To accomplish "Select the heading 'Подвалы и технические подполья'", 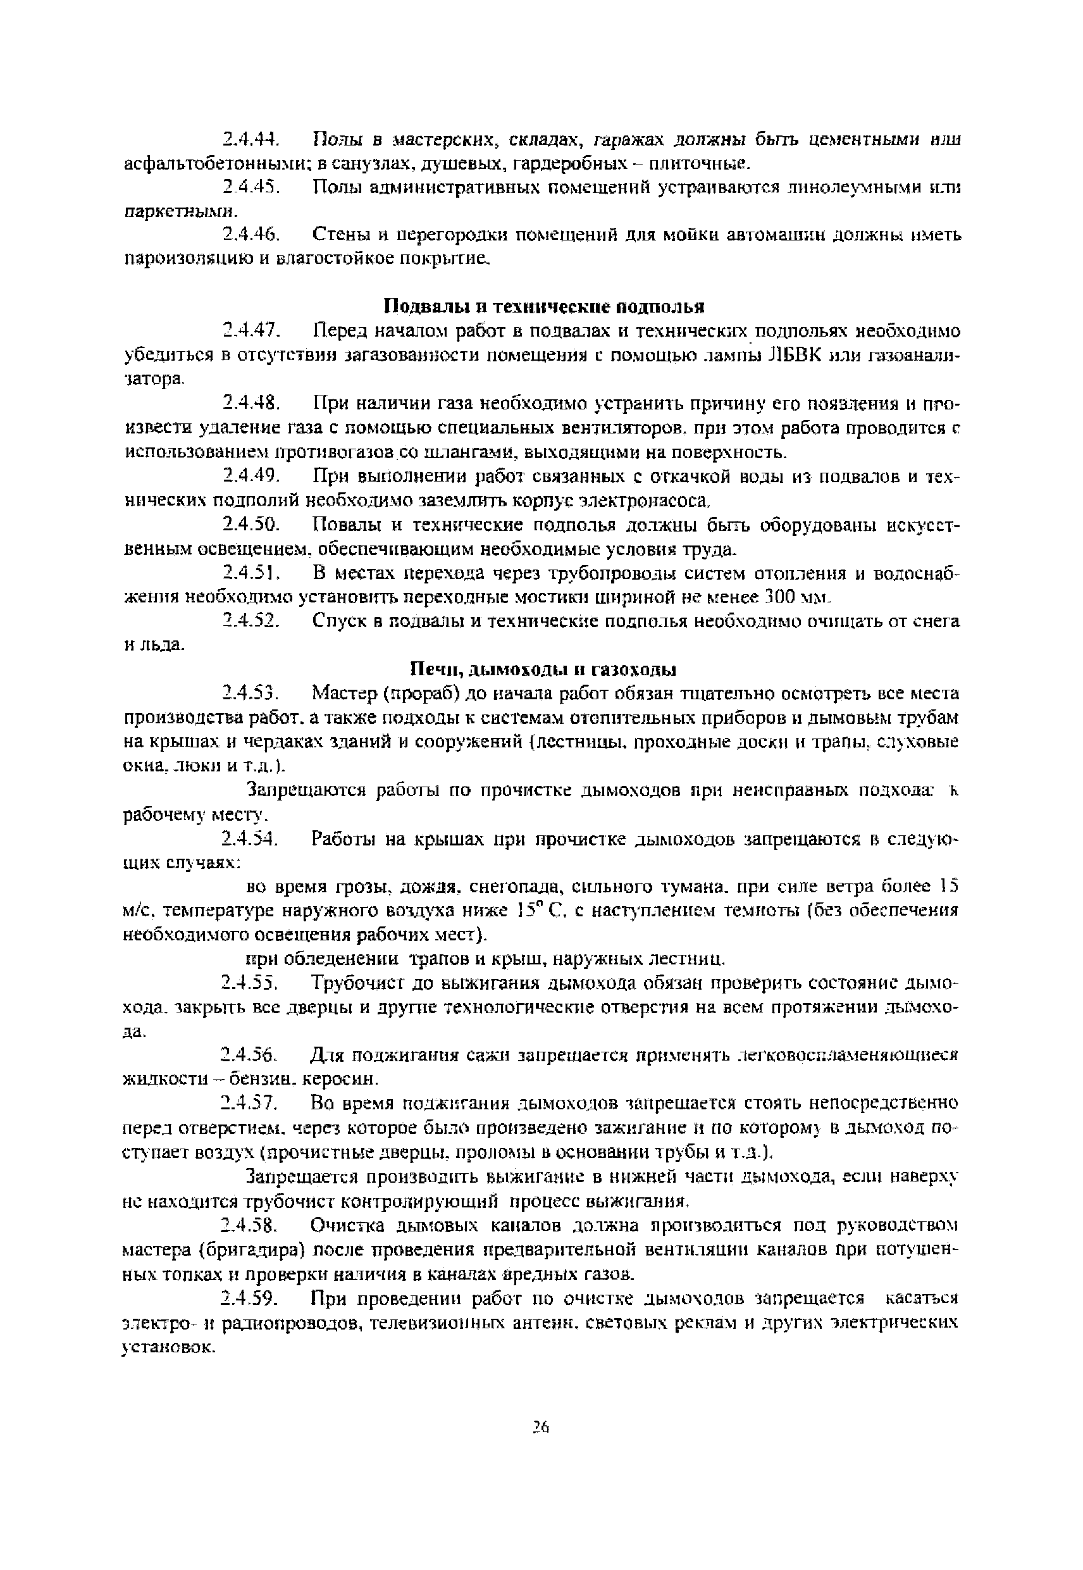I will tap(544, 307).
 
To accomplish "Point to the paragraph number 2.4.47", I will tap(251, 331).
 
